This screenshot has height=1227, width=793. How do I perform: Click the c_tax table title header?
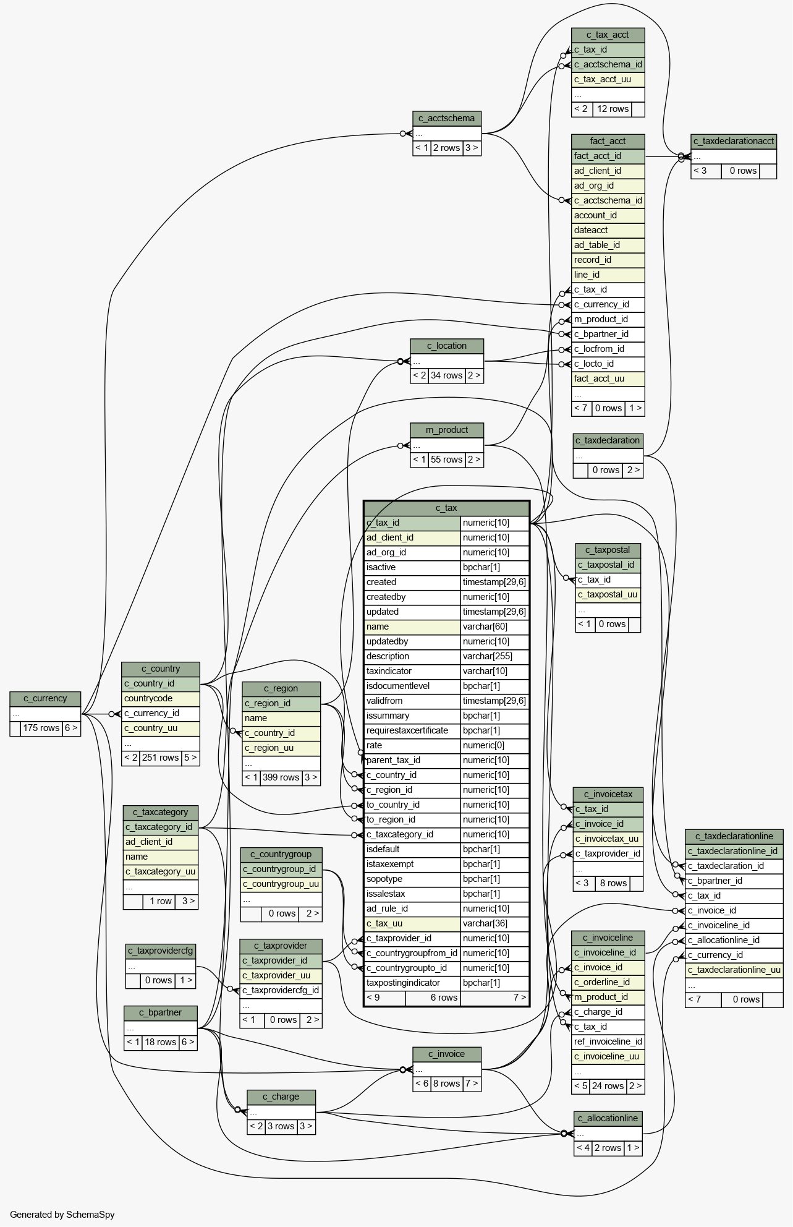tap(446, 508)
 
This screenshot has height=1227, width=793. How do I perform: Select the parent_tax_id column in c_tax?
tap(412, 760)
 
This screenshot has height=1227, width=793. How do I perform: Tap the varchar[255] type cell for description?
tap(494, 656)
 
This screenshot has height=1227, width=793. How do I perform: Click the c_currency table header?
tap(45, 699)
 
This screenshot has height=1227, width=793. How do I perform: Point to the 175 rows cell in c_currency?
tap(41, 728)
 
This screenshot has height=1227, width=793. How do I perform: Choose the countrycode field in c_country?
tap(160, 698)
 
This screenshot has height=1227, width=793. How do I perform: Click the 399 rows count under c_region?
tap(281, 777)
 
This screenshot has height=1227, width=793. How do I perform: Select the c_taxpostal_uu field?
tap(608, 594)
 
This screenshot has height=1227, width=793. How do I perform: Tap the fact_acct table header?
tap(608, 141)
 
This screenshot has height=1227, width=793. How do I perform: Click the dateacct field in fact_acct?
tap(608, 230)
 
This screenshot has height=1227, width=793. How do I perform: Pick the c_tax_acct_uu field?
tap(608, 79)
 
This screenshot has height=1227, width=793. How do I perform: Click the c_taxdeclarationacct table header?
tap(733, 141)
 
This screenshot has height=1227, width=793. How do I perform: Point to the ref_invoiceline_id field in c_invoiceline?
tap(608, 1041)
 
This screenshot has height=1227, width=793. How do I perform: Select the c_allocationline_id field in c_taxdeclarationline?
tap(733, 940)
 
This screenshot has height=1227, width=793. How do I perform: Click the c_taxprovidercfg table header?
tap(161, 951)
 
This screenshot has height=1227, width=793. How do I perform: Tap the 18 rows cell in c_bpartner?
tap(161, 1042)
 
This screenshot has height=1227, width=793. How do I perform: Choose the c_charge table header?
tap(281, 1097)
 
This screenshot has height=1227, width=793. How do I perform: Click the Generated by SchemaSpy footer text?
tap(62, 1214)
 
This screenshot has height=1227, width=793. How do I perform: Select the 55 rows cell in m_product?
tap(446, 460)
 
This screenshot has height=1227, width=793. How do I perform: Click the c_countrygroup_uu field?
tap(281, 884)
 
